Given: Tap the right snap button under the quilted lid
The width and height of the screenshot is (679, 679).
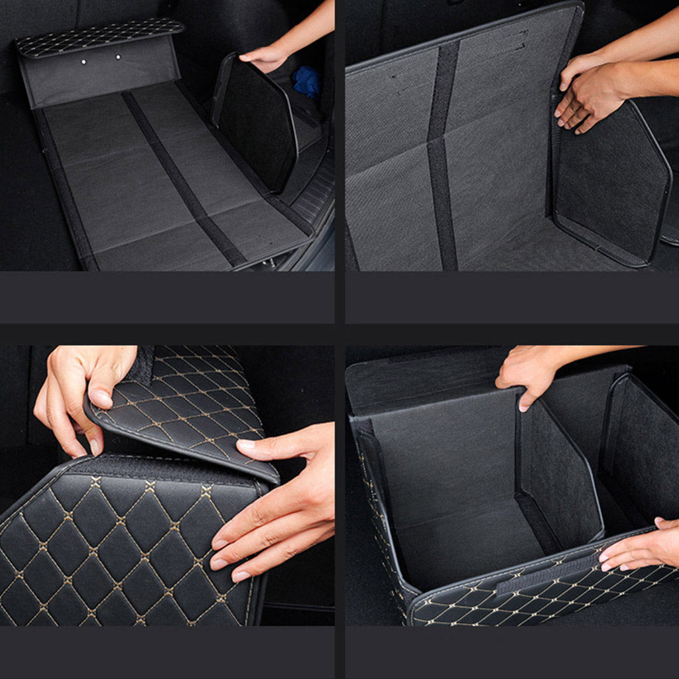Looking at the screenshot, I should (x=118, y=57).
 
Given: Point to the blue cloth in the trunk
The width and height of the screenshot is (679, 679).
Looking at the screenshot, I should (x=306, y=81).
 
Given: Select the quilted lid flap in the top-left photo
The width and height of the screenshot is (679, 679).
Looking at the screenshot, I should (x=99, y=37).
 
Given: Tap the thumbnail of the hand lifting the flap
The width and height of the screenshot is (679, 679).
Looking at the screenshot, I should (x=101, y=398).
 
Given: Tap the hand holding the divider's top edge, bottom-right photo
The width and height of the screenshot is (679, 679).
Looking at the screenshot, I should (x=530, y=375).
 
